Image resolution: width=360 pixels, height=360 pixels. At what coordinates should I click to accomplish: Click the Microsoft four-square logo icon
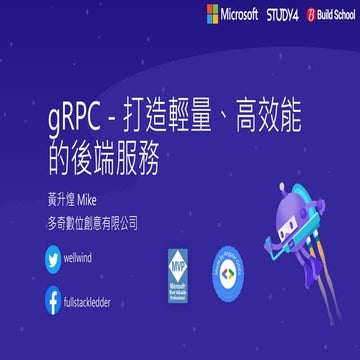pos(213,14)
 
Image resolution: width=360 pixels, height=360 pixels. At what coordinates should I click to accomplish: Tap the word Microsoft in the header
pos(240,14)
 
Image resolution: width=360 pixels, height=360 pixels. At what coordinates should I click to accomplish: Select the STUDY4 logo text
pos(282,14)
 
